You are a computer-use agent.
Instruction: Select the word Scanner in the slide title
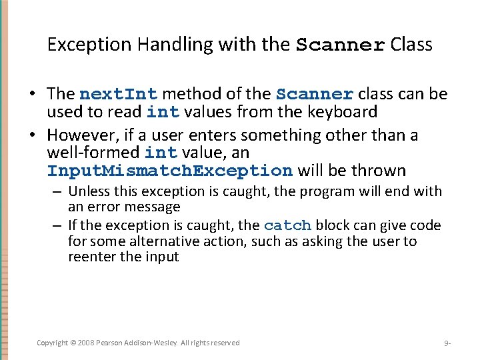(x=340, y=45)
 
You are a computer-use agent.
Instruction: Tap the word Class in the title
(x=411, y=45)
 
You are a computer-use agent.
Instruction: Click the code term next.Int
(x=117, y=94)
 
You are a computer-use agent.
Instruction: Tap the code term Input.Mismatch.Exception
(x=170, y=171)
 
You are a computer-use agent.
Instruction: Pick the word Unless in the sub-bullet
(x=89, y=191)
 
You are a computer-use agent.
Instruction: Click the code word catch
(x=287, y=225)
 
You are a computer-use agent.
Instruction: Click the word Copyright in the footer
(x=52, y=343)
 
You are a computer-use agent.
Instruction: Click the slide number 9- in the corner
(x=447, y=343)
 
